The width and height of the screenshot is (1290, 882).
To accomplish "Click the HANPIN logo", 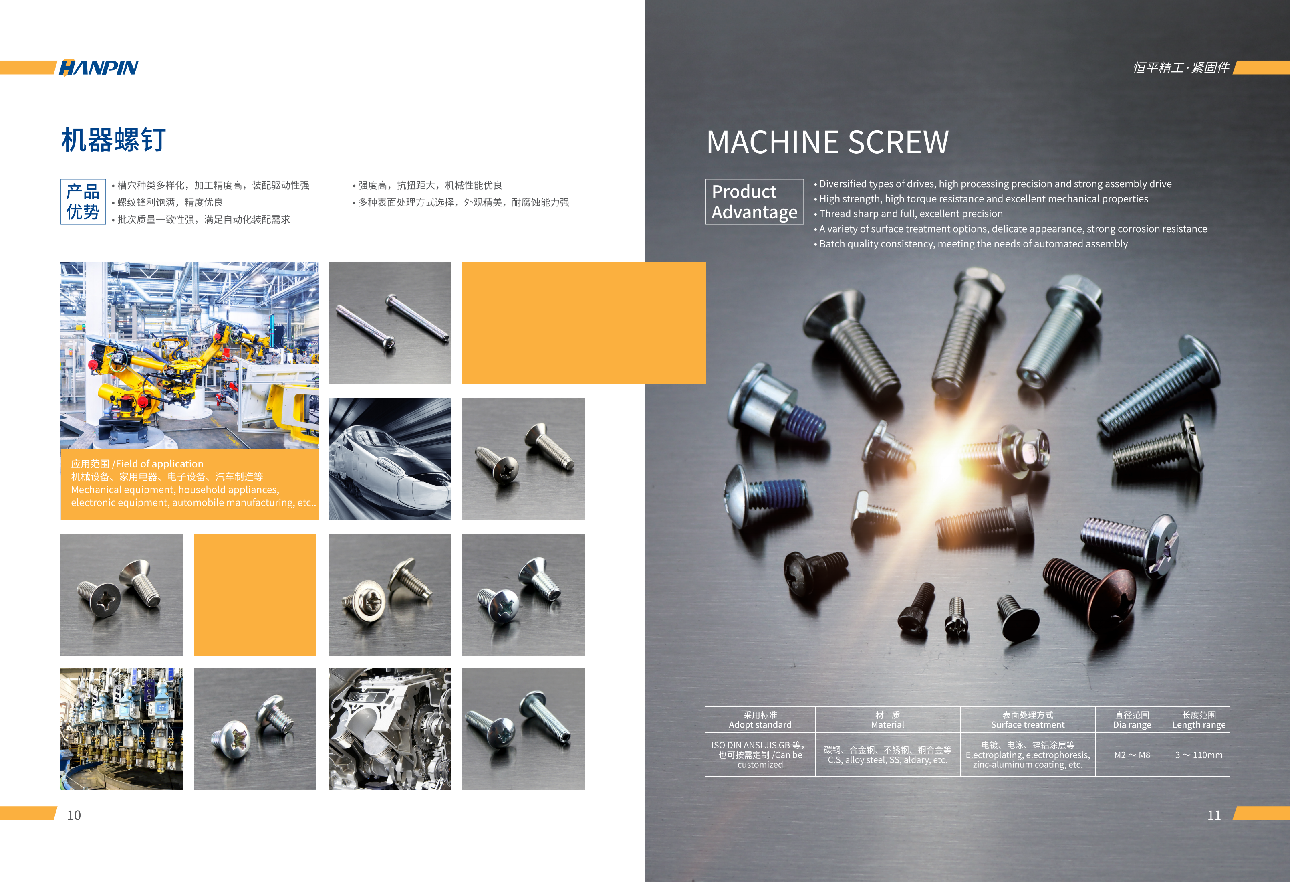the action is [99, 67].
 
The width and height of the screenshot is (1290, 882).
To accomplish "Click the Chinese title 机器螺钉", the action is [113, 140].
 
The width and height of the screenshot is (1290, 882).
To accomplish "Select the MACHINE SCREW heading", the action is [828, 142].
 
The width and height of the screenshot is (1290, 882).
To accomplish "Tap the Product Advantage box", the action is [754, 202].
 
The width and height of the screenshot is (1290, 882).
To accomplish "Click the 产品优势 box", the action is [83, 202].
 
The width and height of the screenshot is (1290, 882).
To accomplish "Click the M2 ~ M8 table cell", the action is [1132, 755].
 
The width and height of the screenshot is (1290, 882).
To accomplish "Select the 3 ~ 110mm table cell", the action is [1199, 755].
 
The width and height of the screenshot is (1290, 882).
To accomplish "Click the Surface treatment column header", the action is [1028, 720].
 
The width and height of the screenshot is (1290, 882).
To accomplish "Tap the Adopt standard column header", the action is [760, 720].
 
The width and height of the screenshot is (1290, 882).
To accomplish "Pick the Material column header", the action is [887, 720].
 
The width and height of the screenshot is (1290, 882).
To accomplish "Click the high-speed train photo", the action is [389, 459].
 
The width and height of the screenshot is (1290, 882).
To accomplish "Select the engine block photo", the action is [389, 729].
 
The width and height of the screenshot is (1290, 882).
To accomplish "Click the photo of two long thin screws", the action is [389, 323].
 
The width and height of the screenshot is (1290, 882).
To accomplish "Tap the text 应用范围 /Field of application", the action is [137, 464].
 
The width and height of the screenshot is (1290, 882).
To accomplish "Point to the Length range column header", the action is [1199, 720].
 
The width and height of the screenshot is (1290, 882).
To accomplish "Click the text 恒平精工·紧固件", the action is [1181, 68].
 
